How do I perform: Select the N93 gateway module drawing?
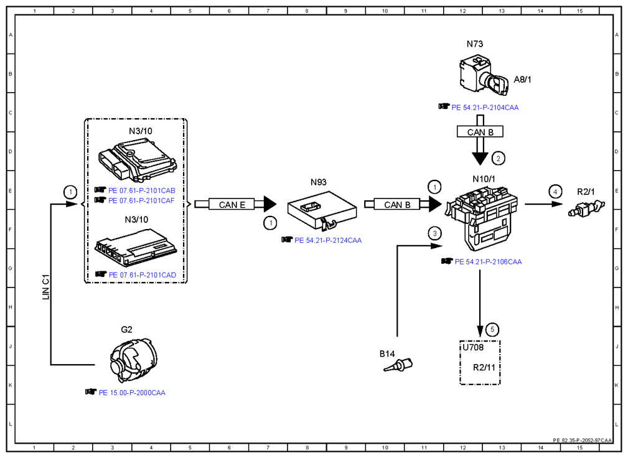point(322,211)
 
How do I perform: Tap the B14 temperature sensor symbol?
point(398,365)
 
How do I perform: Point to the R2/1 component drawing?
point(586,208)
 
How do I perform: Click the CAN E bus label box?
point(232,205)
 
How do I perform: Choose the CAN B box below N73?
point(480,132)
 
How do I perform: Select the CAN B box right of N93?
point(397,205)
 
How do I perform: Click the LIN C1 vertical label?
point(45,287)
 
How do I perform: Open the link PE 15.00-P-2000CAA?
point(132,393)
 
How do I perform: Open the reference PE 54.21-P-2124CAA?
point(328,240)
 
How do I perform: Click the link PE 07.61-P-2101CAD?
point(142,275)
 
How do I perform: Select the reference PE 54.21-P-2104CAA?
point(485,107)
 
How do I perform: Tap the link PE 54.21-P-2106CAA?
point(488,262)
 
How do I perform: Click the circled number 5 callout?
point(492,329)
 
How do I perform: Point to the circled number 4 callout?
point(555,192)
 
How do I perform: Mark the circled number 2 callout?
point(499,159)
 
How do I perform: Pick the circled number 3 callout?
point(434,233)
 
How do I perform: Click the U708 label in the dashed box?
point(473,347)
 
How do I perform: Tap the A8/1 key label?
point(522,80)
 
